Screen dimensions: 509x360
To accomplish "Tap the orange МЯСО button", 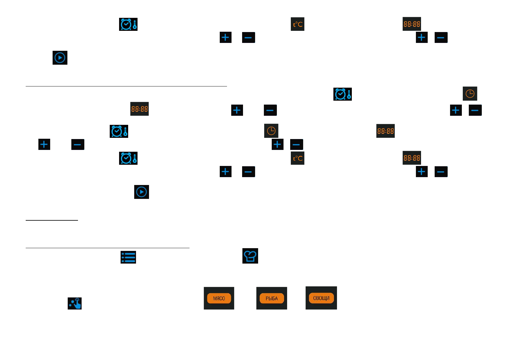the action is [x=219, y=298].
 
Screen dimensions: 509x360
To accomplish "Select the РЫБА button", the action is [x=271, y=298].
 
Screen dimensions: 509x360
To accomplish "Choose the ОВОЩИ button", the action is [x=321, y=298].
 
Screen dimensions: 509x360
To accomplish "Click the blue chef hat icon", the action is [x=250, y=256].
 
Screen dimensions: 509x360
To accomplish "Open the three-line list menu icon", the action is [x=128, y=257].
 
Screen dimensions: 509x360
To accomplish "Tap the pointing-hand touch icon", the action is [x=75, y=303].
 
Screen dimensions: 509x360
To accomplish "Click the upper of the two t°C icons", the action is [x=297, y=24].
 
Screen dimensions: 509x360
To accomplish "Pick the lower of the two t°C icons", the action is [x=297, y=158].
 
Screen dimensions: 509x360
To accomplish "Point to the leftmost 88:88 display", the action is [x=139, y=109].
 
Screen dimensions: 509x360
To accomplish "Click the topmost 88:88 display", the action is [x=412, y=24].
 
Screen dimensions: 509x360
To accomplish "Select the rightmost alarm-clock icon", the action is [x=342, y=94].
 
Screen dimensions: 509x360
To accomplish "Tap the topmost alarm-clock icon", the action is [x=128, y=24].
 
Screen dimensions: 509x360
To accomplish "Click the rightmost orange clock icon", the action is [x=470, y=94].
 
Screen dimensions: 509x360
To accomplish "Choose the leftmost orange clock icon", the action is [x=271, y=131].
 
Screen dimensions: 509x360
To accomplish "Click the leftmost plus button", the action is [x=44, y=144].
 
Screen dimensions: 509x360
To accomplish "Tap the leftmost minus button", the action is [x=78, y=144].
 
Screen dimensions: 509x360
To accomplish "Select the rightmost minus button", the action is [x=475, y=110].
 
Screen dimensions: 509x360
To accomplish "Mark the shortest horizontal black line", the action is [x=52, y=220].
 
